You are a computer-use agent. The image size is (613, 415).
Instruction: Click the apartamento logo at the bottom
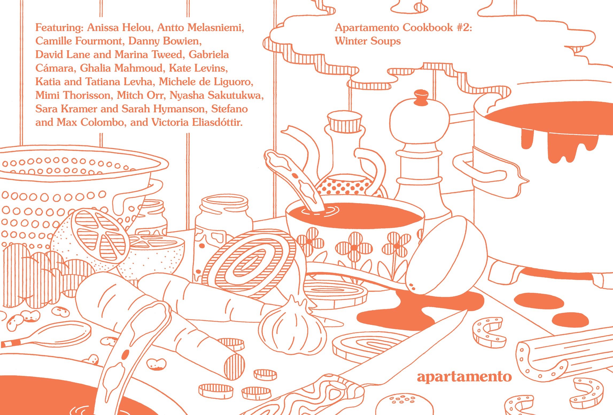(464, 377)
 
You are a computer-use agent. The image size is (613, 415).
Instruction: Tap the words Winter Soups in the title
(368, 41)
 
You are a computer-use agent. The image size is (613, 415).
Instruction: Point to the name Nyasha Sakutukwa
(216, 95)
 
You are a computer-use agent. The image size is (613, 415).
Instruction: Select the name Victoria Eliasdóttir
(197, 122)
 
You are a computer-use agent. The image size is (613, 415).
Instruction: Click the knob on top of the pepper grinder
(421, 98)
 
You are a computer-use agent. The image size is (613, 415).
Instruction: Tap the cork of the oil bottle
(345, 122)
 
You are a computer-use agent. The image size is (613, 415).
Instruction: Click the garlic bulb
(293, 326)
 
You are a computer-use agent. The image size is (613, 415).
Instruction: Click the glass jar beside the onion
(223, 227)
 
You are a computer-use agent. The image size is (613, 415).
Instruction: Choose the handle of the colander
(139, 195)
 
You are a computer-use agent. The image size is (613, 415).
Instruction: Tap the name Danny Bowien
(165, 41)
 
